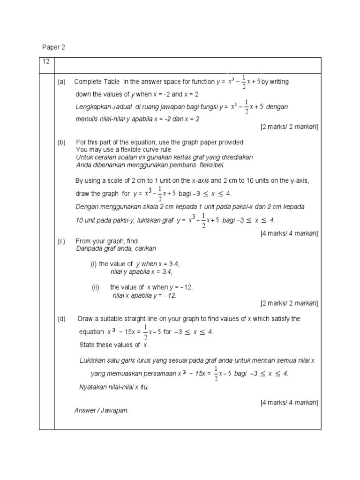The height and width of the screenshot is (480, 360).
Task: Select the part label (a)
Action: point(61,82)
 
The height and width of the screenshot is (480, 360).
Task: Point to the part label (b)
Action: point(61,142)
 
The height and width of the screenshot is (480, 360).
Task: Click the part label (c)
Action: point(61,241)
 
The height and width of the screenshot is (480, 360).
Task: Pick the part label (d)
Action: point(61,319)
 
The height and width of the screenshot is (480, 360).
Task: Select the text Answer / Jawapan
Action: point(101,411)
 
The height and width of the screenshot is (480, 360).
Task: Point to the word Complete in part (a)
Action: point(87,82)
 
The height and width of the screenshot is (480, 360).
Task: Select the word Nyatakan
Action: point(94,387)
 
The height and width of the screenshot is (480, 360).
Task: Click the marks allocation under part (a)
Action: point(289,127)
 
